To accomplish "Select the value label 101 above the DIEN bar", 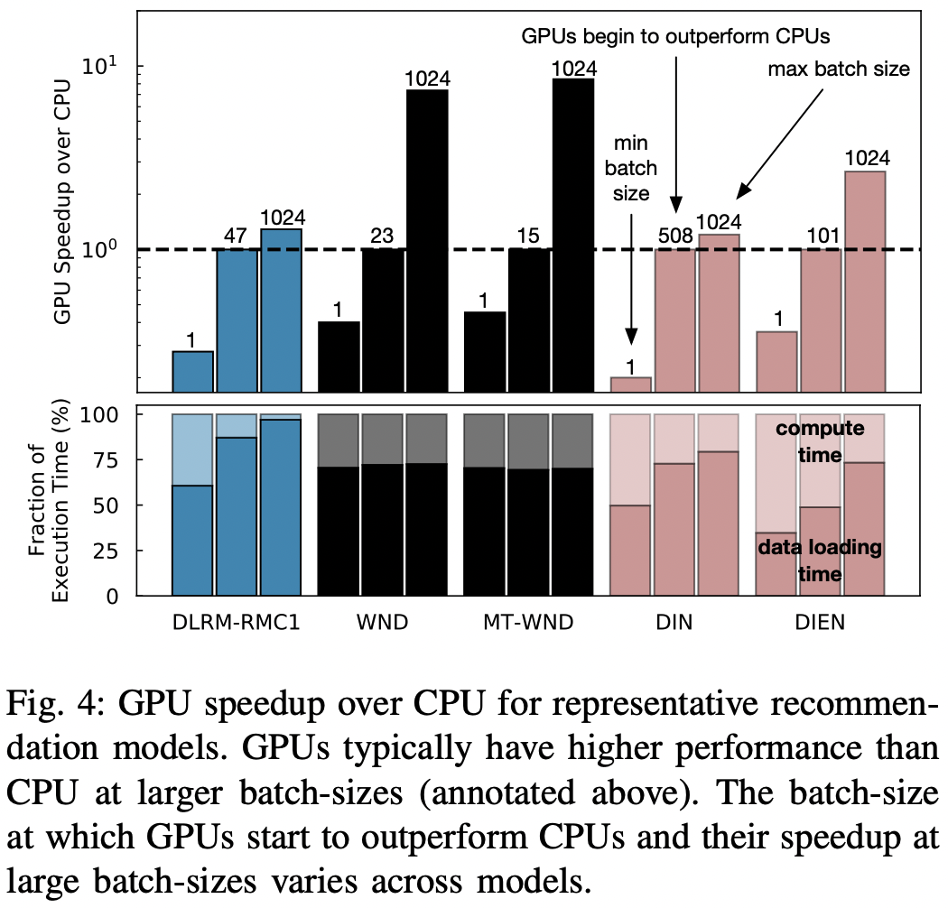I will (821, 237).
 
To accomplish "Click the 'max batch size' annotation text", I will (838, 69).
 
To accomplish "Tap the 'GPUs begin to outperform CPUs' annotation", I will (677, 37).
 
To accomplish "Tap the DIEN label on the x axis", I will (821, 623).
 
